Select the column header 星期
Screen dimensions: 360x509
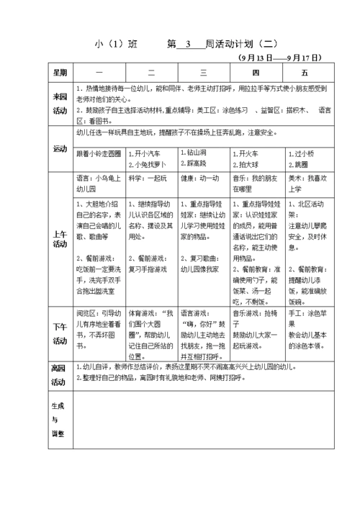pos(59,73)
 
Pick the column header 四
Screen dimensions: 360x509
pos(256,73)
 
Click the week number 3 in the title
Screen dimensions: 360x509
pos(186,44)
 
